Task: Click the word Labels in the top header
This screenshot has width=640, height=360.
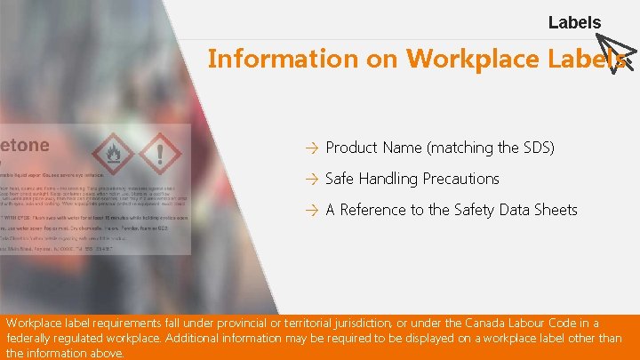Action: click(x=574, y=22)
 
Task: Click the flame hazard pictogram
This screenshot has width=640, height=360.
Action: click(x=112, y=154)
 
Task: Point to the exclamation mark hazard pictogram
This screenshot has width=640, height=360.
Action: click(x=160, y=154)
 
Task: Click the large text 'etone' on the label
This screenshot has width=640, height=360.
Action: click(x=25, y=144)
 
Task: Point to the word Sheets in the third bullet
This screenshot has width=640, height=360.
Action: click(x=556, y=210)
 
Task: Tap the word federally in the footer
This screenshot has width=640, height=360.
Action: click(x=30, y=339)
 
